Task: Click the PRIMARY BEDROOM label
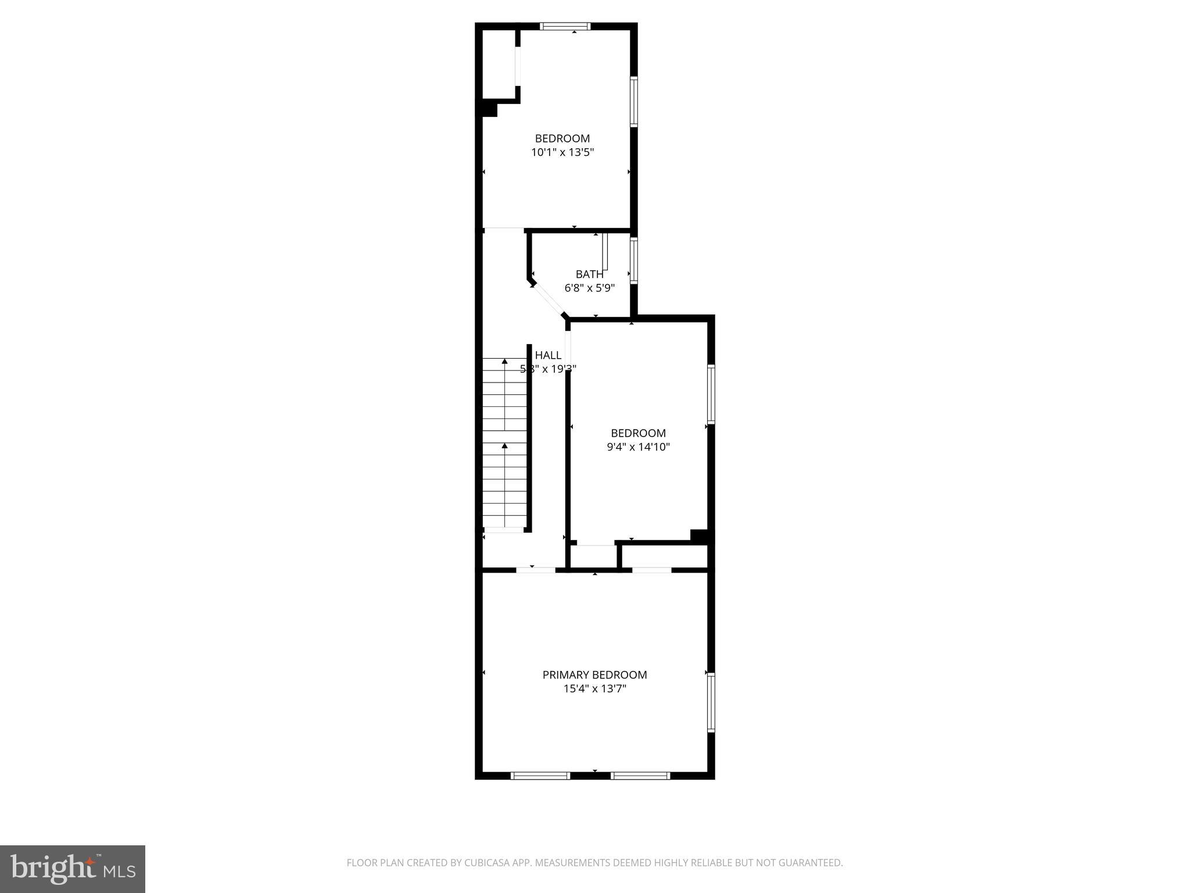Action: tap(594, 674)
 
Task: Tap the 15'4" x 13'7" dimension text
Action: tap(594, 689)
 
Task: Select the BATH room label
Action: tap(589, 274)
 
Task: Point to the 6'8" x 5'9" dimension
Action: tap(589, 288)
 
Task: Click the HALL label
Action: tap(548, 355)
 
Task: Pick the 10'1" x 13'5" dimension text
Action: tap(562, 152)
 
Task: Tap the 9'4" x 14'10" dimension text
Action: tap(638, 447)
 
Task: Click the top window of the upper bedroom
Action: tap(565, 26)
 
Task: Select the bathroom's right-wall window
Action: tap(634, 260)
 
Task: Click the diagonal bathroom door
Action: tap(548, 300)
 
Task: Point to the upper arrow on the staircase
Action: tap(504, 362)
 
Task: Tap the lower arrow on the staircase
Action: tap(504, 446)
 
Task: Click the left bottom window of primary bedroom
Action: tap(540, 775)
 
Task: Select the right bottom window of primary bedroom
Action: tap(640, 775)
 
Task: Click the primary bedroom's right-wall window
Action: tap(711, 702)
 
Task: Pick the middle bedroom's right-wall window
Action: tap(711, 394)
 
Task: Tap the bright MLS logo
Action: tap(73, 869)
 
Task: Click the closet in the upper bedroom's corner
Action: tap(499, 64)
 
